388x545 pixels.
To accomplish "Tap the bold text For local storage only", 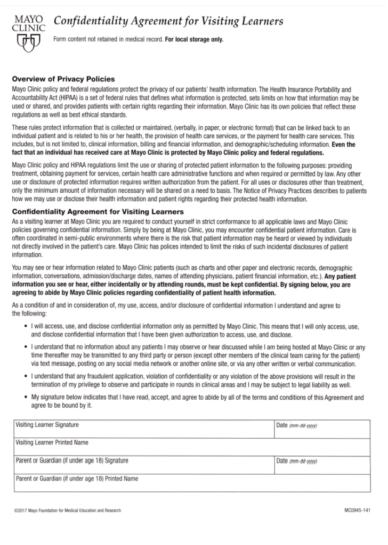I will [x=194, y=39].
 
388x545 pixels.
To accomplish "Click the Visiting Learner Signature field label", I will [x=47, y=425].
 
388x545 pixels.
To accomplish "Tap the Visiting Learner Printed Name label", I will [x=52, y=442].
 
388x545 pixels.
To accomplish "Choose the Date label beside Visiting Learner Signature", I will [x=282, y=425].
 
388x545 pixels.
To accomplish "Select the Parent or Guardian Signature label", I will [x=72, y=460].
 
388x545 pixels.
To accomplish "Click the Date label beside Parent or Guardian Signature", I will [x=282, y=461].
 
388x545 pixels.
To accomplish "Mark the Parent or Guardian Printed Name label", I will [x=77, y=478].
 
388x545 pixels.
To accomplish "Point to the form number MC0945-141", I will [x=357, y=511].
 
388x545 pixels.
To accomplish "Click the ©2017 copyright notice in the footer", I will [x=67, y=511].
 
